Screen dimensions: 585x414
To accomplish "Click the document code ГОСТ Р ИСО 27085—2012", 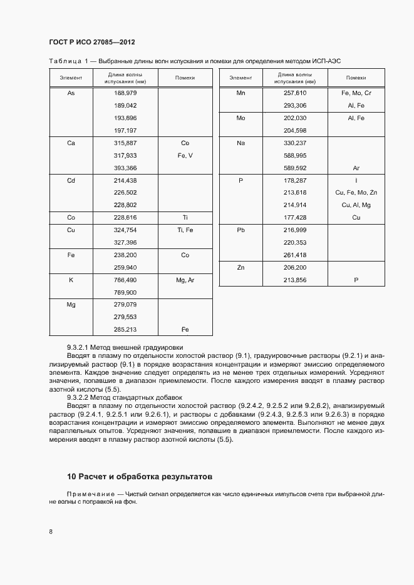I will click(91, 42).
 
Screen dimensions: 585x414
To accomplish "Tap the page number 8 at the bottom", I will click(51, 532).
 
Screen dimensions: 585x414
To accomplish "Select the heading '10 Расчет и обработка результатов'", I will click(140, 476).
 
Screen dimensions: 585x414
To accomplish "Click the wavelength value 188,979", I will click(125, 93).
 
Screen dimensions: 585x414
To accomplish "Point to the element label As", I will click(71, 93).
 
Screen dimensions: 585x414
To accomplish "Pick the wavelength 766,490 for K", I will click(125, 280).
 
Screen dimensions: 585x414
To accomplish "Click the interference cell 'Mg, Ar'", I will click(185, 280).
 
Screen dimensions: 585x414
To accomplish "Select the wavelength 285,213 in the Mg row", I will click(125, 329).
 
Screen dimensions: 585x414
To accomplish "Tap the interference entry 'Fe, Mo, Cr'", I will click(356, 93).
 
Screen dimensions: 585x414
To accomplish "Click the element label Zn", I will click(241, 267).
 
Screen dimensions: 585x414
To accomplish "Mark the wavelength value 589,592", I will click(294, 168).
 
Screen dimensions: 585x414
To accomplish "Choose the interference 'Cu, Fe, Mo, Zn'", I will click(356, 193).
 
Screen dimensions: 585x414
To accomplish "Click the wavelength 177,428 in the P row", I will click(294, 218).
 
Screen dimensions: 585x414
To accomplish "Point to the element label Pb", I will click(241, 230).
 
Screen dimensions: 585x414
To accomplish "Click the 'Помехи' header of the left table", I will click(185, 78).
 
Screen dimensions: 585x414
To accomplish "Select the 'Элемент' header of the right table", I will click(241, 78).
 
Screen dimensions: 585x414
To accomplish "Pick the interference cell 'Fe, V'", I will click(185, 155).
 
